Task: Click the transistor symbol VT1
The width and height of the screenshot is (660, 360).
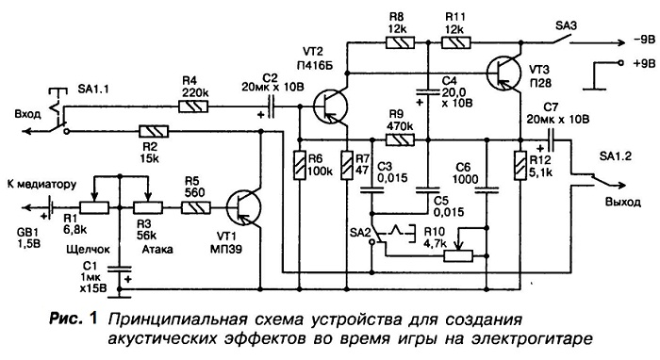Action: coord(243,207)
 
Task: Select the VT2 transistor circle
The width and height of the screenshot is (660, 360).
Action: coord(331,106)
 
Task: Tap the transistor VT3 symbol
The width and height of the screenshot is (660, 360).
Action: coord(503,73)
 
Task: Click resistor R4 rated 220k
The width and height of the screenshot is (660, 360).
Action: coord(193,106)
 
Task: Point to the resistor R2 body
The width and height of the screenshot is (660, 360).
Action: coord(154,131)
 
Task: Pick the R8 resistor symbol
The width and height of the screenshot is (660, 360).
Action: coord(401,42)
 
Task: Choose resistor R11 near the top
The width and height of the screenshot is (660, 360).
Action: coord(456,42)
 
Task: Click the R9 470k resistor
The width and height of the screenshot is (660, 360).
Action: coord(401,139)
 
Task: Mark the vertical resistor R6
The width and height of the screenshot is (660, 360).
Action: coord(300,165)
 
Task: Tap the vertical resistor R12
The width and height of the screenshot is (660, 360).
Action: coord(520,165)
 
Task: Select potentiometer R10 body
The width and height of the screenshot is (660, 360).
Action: coord(458,255)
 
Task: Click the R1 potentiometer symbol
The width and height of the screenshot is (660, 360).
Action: coord(94,207)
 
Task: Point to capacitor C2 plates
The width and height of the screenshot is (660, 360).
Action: coord(272,106)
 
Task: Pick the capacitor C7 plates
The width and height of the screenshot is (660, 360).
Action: coord(551,139)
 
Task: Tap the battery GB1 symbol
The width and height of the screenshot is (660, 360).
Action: coord(51,207)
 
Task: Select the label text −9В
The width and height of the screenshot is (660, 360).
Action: coord(643,41)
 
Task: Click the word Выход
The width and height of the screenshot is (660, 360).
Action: coord(623,202)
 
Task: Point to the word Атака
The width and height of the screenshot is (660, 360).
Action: coord(157,249)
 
